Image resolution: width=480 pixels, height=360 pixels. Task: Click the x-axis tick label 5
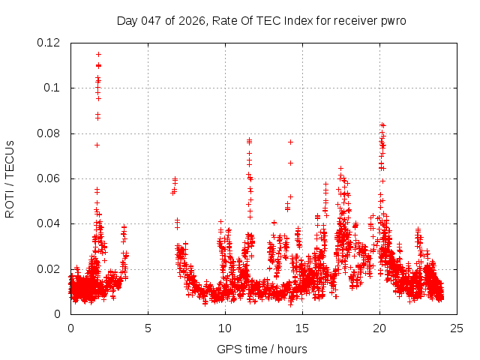point(148,328)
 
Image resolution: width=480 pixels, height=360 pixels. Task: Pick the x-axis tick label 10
point(225,328)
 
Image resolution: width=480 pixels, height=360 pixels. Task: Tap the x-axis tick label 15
point(302,328)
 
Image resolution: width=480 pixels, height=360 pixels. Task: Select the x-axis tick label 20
point(379,328)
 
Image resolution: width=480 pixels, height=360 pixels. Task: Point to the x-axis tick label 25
point(457,328)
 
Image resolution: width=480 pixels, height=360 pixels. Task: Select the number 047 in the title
point(150,20)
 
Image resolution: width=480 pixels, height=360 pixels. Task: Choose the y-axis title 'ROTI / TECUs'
point(10,178)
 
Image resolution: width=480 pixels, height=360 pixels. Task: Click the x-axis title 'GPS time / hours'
point(262,349)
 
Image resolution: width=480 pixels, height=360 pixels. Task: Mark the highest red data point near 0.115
point(98,54)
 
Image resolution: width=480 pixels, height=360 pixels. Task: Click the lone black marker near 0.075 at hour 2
point(97,145)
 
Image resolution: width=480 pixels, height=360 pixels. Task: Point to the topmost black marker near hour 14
point(290,142)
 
